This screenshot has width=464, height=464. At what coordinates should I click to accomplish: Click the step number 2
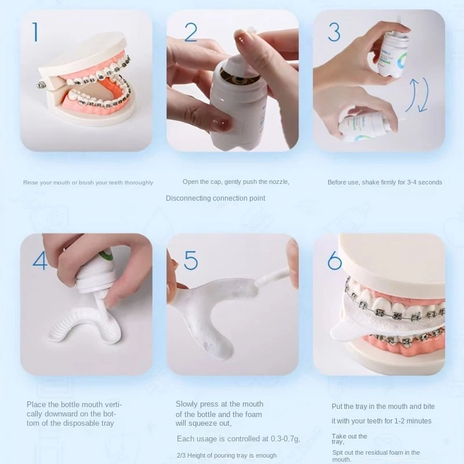coord(191,32)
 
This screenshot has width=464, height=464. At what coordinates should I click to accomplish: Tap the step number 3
coord(334,32)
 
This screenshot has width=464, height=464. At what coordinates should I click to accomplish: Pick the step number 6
coord(335,260)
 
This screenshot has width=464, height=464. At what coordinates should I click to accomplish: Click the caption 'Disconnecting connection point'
coord(215,198)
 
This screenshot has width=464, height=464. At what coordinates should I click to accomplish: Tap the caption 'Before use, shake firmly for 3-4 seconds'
coord(385,182)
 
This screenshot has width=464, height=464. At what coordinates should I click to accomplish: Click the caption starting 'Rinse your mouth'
coord(88,183)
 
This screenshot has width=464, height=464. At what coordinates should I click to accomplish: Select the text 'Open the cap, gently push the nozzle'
coord(235,182)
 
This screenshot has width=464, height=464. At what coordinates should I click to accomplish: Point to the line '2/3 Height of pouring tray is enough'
coord(226,455)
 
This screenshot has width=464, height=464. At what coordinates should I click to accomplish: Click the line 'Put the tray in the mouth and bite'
coord(383,407)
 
